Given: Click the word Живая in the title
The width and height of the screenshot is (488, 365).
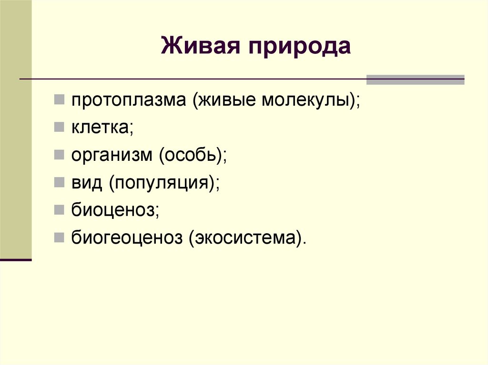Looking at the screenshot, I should click(x=198, y=47).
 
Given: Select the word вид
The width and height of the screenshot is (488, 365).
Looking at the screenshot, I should click(x=87, y=183).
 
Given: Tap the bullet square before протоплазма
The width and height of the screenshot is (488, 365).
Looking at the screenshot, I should click(x=59, y=99).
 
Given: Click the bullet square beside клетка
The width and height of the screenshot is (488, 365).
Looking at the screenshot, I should click(x=59, y=127).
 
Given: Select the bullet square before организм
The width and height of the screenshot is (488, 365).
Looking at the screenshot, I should click(x=59, y=154).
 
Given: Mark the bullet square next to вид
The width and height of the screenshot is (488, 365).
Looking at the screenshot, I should click(x=59, y=181).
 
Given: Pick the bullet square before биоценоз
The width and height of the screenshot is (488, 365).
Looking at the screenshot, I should click(x=59, y=208).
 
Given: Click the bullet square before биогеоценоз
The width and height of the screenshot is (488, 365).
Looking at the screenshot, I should click(x=59, y=236).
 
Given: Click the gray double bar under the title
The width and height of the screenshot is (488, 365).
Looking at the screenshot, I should click(x=415, y=79).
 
